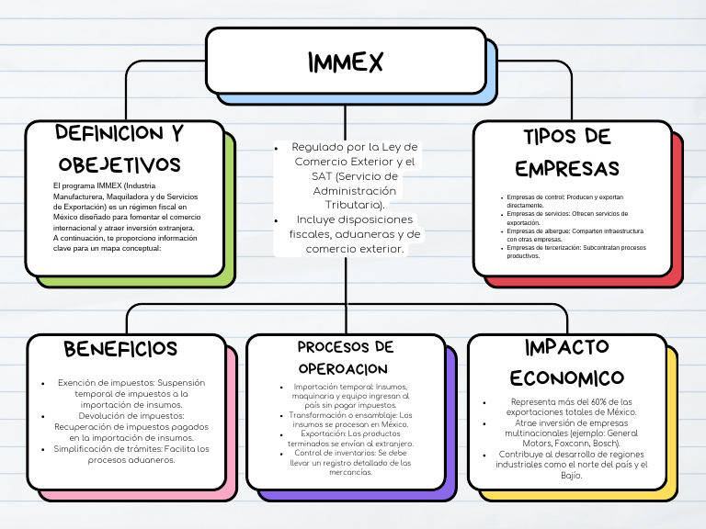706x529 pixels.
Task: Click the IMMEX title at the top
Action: (345, 62)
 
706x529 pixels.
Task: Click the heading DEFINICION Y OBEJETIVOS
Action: (120, 149)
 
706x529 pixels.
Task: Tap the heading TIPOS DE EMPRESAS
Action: (567, 153)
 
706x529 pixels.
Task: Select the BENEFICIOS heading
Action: (120, 349)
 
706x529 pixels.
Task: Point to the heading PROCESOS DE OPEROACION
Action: (346, 356)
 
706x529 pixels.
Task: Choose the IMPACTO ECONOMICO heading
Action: (567, 362)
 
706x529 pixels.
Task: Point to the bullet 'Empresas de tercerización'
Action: (576, 252)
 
